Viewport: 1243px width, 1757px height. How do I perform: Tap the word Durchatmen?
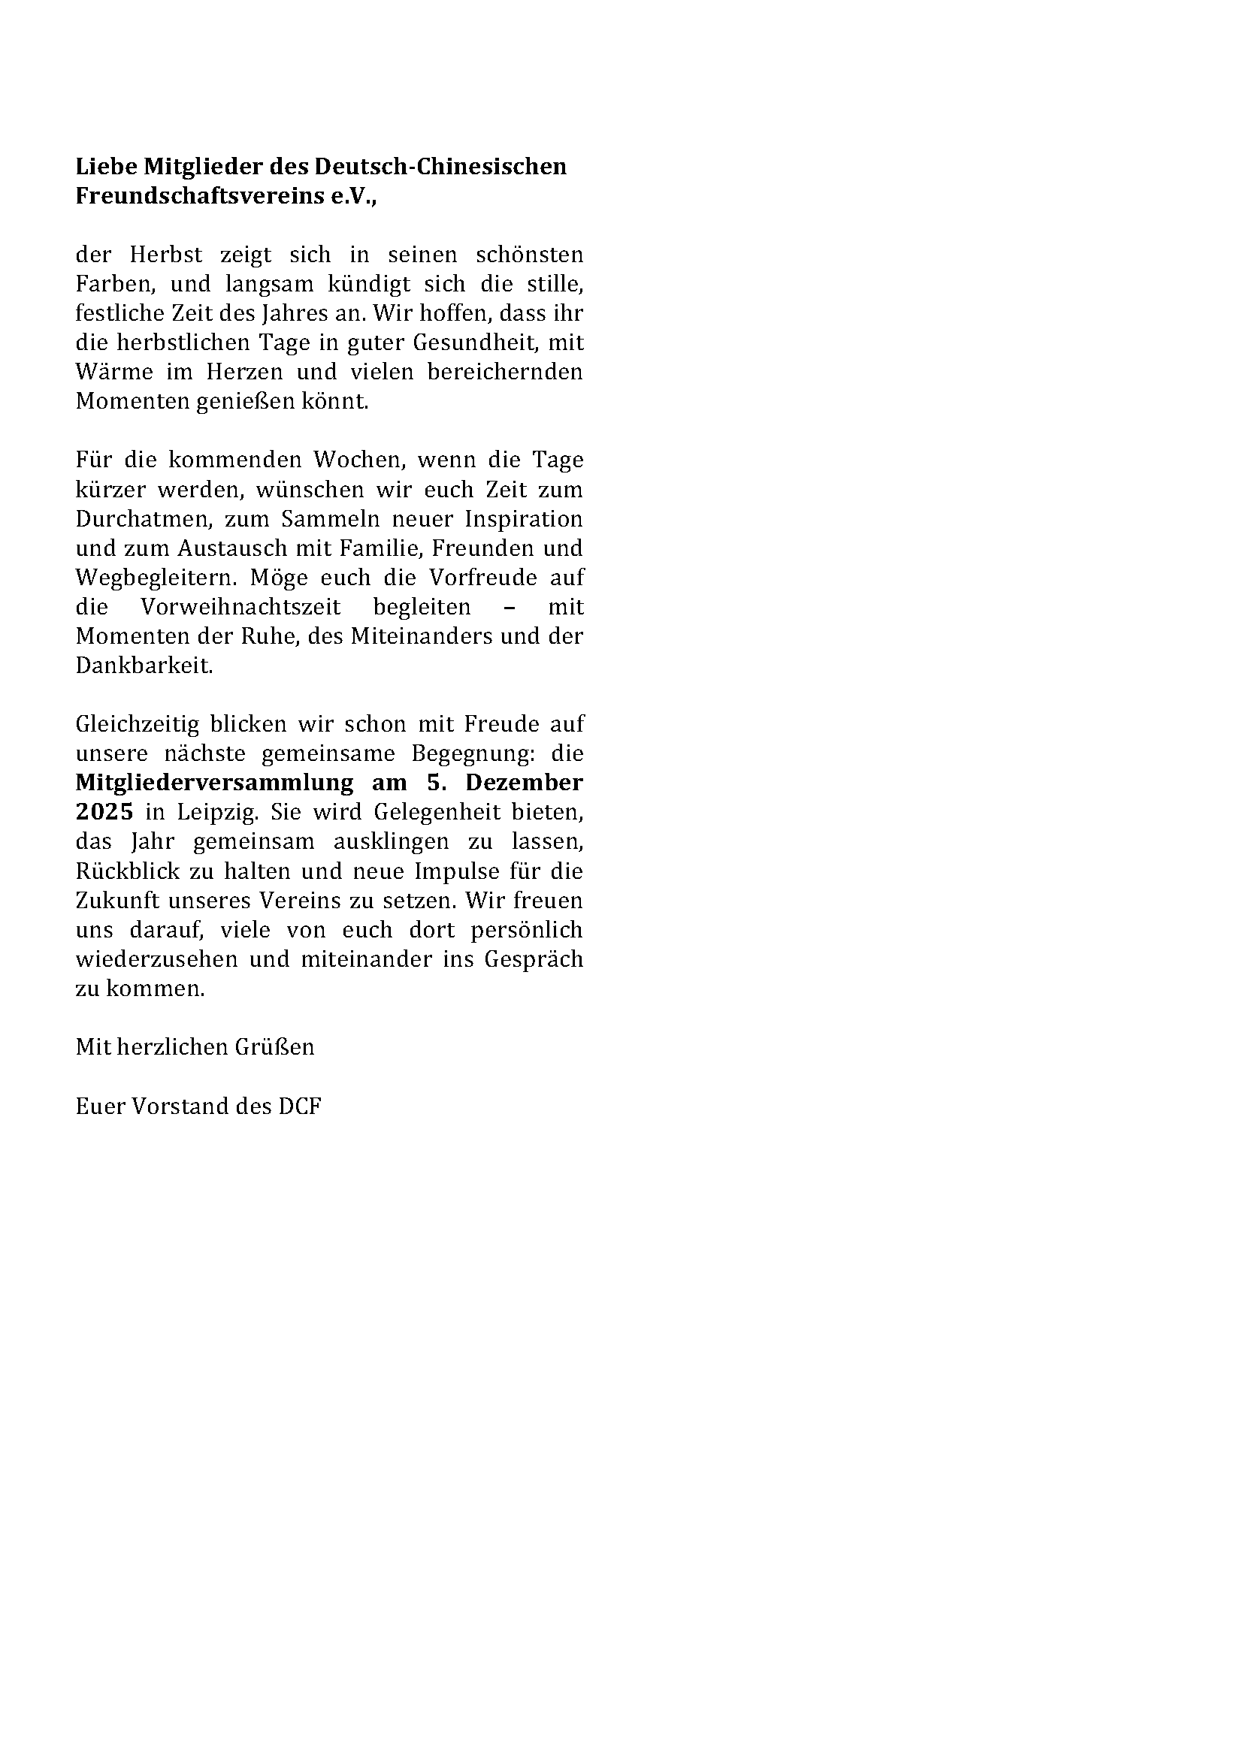click(142, 520)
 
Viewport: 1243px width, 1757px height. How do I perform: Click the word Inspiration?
click(524, 520)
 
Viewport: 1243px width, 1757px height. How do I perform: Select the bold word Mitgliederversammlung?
click(214, 783)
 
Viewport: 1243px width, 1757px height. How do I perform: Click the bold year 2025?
click(104, 812)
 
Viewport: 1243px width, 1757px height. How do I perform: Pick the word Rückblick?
click(127, 871)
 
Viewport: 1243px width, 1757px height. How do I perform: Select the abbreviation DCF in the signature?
click(299, 1106)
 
